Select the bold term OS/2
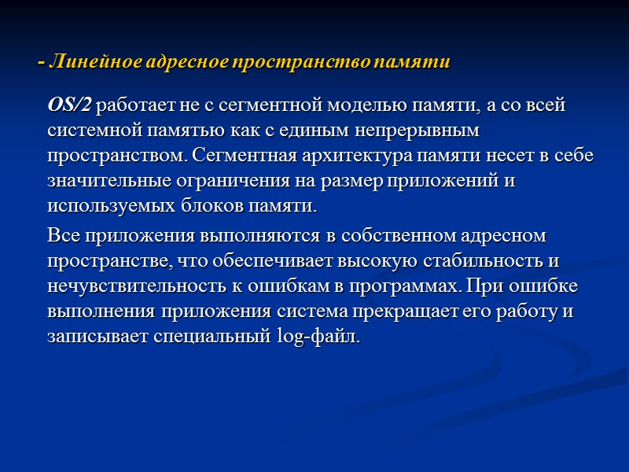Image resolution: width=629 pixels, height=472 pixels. (70, 104)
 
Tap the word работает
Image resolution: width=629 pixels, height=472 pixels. (134, 104)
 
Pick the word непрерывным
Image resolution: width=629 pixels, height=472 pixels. (421, 130)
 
